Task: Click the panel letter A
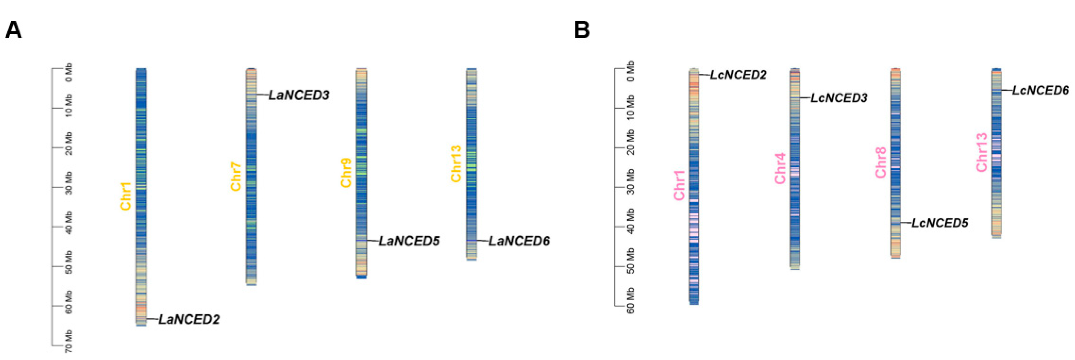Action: coord(13,30)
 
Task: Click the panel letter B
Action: coord(582,30)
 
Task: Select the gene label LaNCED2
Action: coord(189,319)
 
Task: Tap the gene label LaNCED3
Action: coord(299,95)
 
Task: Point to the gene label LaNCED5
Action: coord(409,241)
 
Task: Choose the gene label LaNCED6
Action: coord(519,241)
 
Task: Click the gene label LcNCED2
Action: coord(738,75)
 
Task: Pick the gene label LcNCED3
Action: coord(839,98)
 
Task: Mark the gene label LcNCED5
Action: coord(940,223)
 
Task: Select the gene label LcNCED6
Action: coord(1041,90)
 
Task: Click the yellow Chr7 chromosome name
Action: coord(236,177)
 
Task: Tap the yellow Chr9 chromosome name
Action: coord(346,173)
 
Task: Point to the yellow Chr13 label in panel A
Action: coord(456,164)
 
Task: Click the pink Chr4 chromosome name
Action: coord(780,168)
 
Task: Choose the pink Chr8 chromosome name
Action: coord(880,163)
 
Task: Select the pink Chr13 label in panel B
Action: coord(982,152)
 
